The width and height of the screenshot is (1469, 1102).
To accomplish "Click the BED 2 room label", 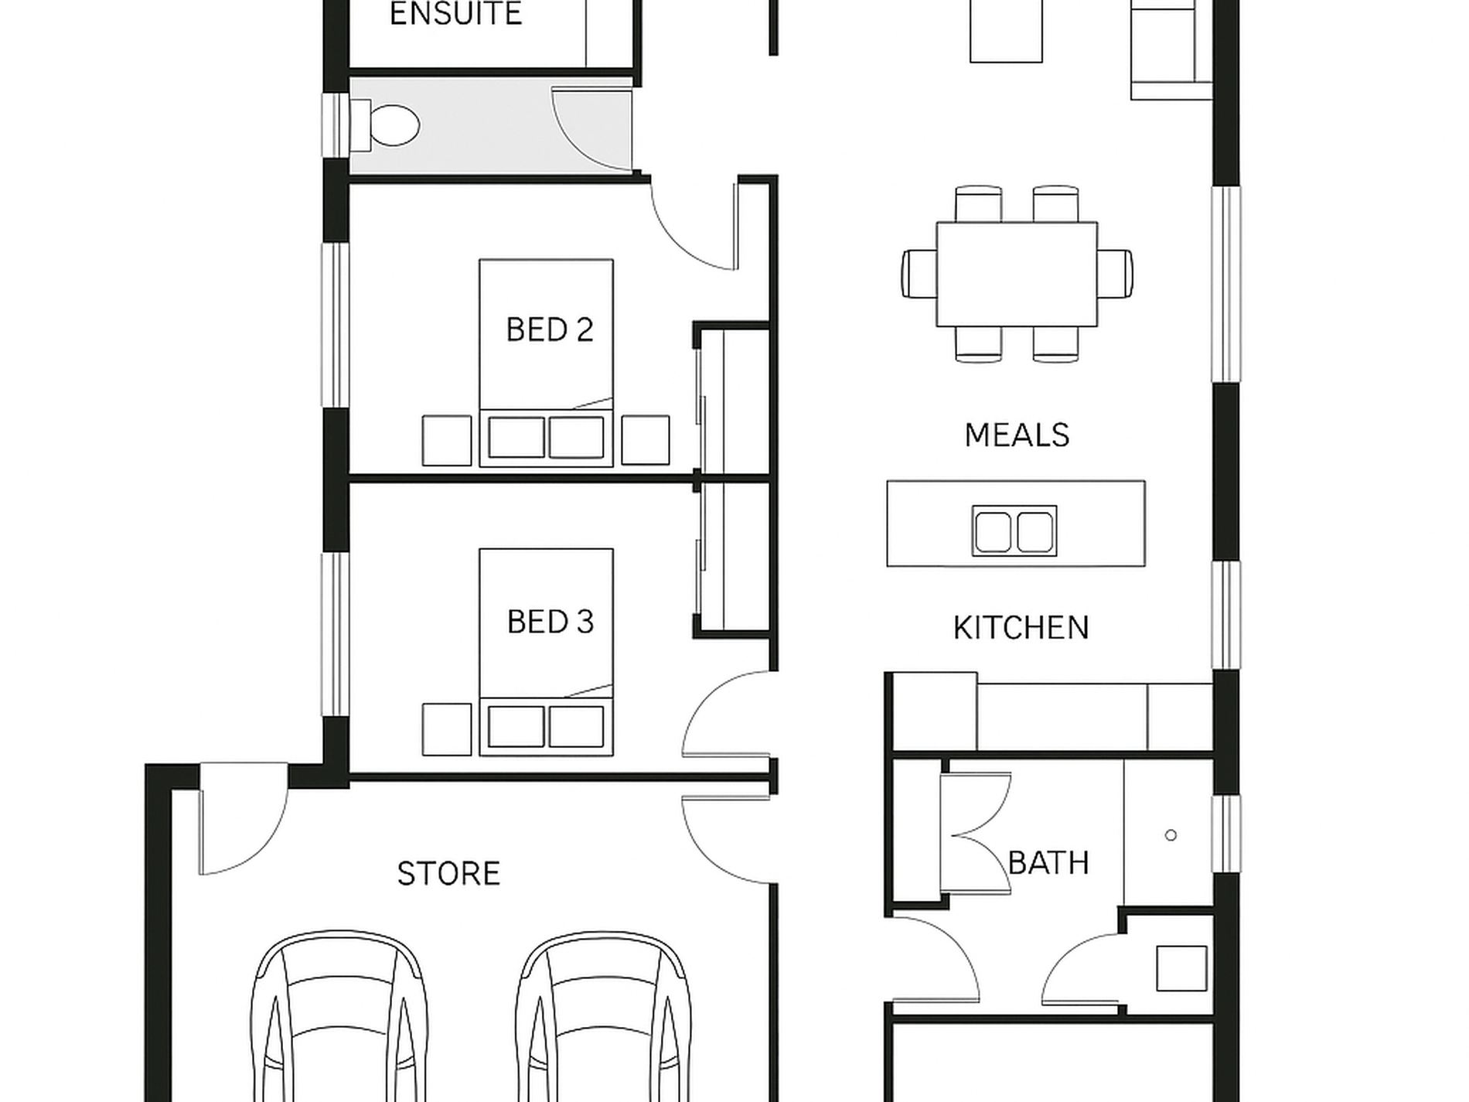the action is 550,330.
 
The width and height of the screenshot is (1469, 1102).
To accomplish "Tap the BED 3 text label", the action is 550,622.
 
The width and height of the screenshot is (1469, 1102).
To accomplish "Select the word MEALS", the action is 1017,435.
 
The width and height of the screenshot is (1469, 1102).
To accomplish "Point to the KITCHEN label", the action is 1021,628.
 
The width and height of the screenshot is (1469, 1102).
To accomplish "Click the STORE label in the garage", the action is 448,874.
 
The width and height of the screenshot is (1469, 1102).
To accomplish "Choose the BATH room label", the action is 1048,862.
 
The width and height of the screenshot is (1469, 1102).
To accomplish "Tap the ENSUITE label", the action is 455,15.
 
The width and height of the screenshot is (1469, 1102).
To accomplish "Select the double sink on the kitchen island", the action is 1014,531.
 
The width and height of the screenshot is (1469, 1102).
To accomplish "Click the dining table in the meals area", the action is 1017,275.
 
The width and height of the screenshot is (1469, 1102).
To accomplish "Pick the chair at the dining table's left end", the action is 919,273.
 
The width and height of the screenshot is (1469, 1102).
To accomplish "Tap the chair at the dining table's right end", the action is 1115,273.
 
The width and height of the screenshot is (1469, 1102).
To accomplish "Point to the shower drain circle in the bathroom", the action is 1171,835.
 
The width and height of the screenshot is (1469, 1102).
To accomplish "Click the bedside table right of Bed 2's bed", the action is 646,440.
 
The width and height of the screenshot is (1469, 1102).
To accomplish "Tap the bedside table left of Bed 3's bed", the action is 447,729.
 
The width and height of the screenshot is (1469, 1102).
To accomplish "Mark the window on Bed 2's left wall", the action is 336,325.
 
